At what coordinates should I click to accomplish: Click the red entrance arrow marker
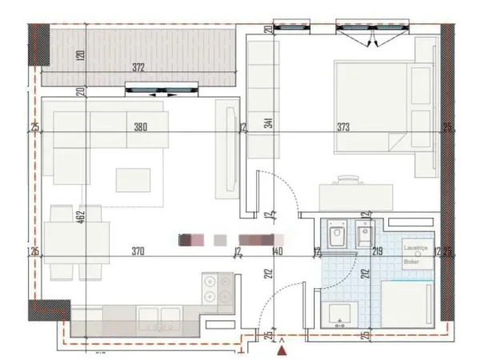coord(281,348)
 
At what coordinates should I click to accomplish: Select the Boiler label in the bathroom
coord(411,262)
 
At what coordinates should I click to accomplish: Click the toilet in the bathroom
coord(337,234)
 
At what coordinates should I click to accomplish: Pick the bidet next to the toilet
coord(364,234)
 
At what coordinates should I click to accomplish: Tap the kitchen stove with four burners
coord(216,289)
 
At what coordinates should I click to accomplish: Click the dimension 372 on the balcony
coord(138,68)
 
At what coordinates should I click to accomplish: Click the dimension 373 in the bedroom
coord(343,127)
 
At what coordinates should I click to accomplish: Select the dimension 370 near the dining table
coord(137,252)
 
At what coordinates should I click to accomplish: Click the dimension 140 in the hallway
coord(278,252)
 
